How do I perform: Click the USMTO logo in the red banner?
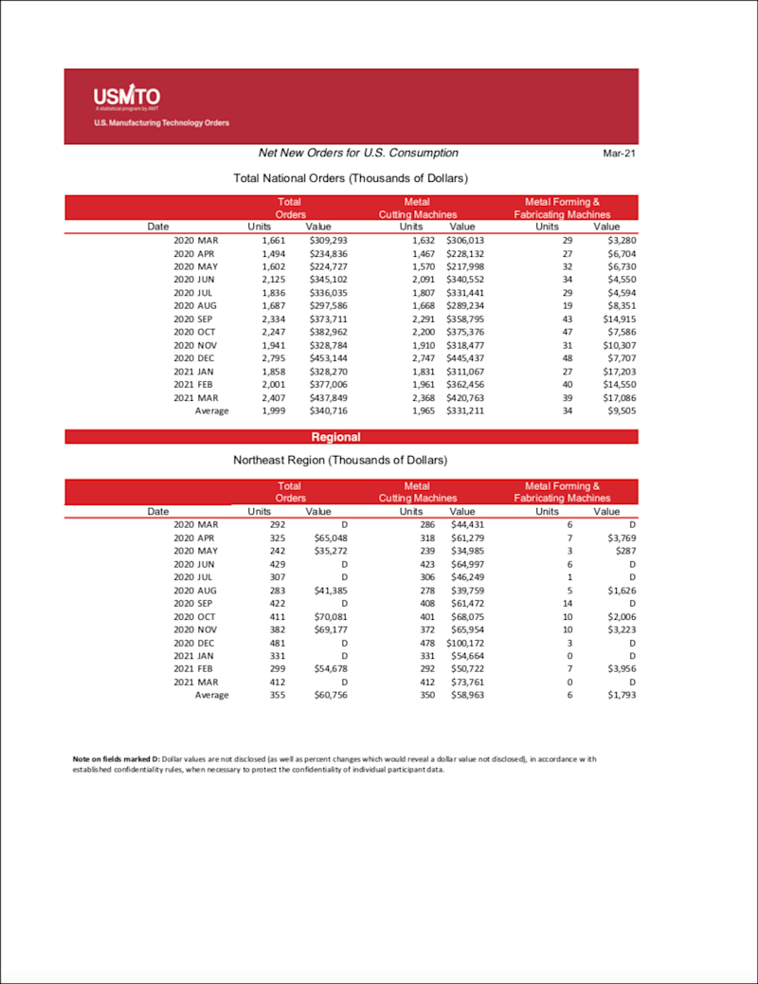click(x=126, y=97)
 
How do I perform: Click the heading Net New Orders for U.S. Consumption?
click(x=358, y=153)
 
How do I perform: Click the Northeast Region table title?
click(x=340, y=461)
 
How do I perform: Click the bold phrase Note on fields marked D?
click(x=116, y=760)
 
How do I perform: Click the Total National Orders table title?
click(x=351, y=178)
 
